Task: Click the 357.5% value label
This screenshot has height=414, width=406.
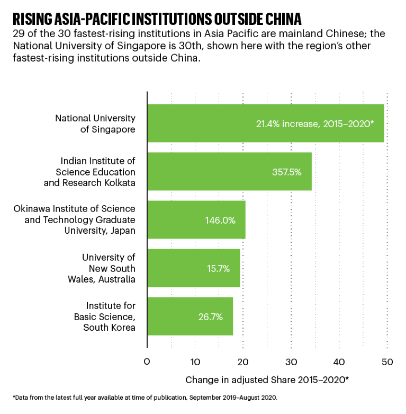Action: coord(286,172)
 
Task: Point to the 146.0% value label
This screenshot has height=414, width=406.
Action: coord(220,220)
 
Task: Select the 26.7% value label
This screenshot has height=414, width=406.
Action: coord(210,317)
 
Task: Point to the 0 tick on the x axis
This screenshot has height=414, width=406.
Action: coord(147,362)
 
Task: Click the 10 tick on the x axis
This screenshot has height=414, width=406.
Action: coord(195,362)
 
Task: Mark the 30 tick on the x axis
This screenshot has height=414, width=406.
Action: coord(291,362)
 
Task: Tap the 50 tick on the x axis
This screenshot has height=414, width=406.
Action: coord(387,362)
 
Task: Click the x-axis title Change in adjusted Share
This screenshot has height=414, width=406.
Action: coord(267,380)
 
